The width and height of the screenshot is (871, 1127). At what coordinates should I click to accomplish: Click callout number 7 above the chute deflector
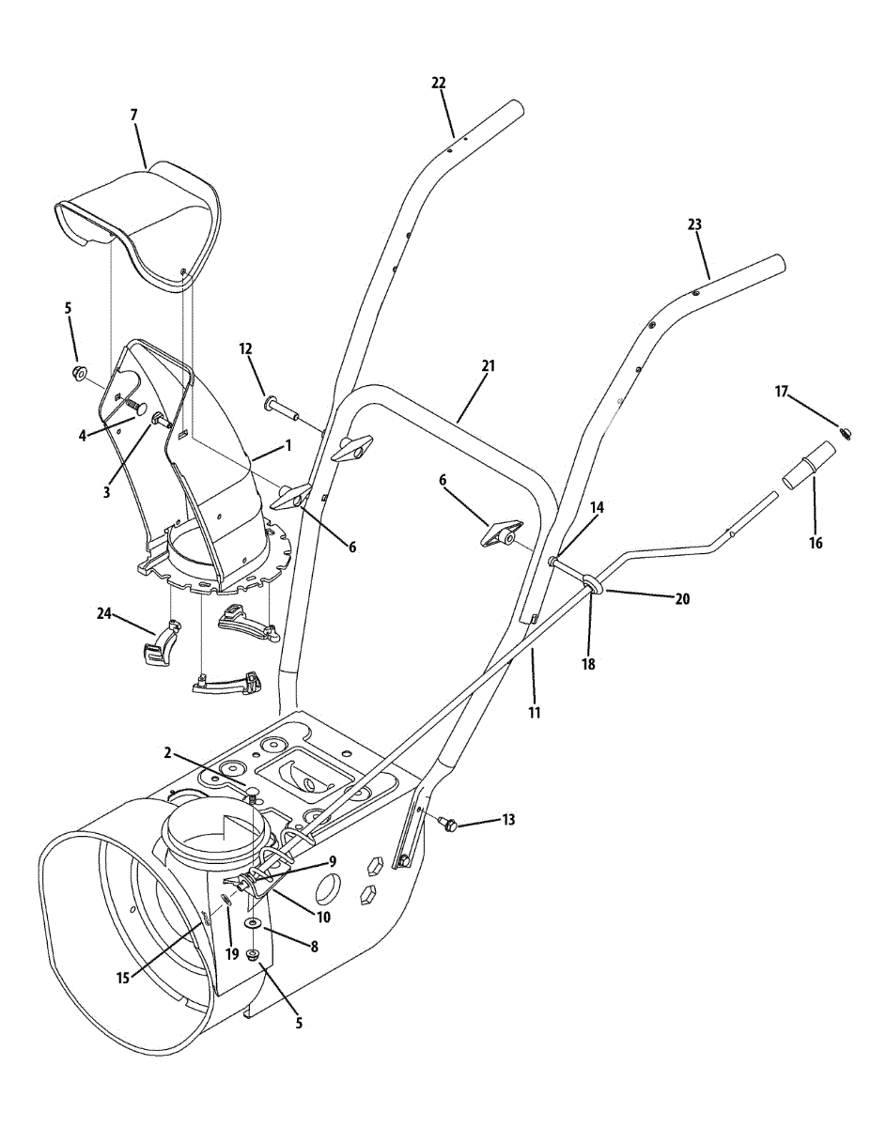(133, 115)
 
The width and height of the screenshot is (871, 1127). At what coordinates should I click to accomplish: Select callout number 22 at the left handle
(438, 83)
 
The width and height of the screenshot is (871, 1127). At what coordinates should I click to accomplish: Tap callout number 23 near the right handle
(694, 224)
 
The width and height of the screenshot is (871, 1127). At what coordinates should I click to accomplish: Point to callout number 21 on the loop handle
(488, 364)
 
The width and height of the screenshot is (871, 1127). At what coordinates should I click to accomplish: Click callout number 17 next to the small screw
(781, 393)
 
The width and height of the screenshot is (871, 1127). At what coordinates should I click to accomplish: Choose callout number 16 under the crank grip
(815, 543)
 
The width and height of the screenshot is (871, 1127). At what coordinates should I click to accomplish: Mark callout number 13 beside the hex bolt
(508, 820)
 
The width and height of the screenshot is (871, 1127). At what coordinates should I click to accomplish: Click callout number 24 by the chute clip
(104, 614)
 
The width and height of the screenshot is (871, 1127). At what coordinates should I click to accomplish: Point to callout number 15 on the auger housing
(122, 978)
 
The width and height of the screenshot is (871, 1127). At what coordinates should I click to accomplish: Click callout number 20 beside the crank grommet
(682, 598)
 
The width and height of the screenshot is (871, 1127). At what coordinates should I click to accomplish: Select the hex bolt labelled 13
(448, 825)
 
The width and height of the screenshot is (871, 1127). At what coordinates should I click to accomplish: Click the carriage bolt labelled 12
(280, 409)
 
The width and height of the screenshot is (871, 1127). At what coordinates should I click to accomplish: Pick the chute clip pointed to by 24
(160, 647)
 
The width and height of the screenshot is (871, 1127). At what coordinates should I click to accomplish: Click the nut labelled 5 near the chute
(77, 374)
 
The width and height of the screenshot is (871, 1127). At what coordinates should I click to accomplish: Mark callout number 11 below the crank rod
(534, 713)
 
